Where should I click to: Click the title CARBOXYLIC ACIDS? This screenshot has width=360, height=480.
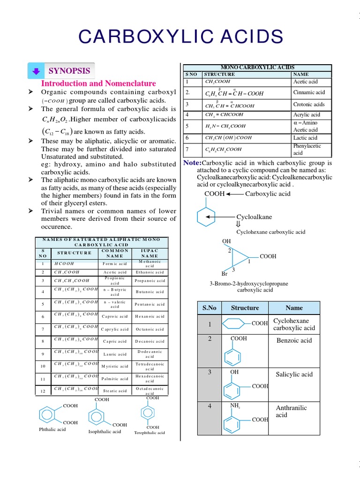tap(180, 37)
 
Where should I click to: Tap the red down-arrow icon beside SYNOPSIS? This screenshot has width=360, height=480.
tap(36, 71)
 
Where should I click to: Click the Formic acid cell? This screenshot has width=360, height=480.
tap(115, 263)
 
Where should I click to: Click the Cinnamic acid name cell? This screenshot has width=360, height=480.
tap(308, 92)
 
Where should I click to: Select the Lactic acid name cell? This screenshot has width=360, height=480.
tap(305, 138)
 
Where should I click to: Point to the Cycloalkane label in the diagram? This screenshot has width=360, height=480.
tap(254, 217)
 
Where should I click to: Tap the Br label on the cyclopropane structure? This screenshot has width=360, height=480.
tap(225, 274)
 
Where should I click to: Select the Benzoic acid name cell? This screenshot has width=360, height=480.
tap(294, 340)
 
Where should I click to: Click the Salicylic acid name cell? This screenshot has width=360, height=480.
tap(294, 374)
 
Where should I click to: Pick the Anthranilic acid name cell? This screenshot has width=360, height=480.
tap(292, 411)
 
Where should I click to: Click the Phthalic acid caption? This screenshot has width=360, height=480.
tap(52, 429)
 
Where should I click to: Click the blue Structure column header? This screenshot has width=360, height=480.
tap(245, 308)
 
